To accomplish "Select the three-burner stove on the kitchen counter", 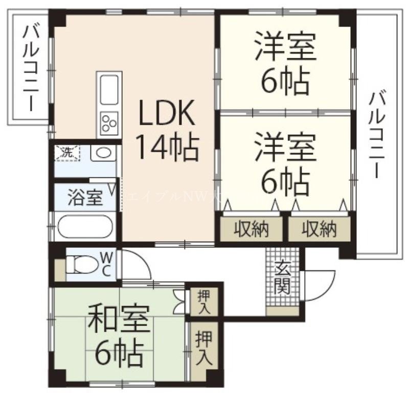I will [x=109, y=123].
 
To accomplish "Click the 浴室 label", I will [x=85, y=197].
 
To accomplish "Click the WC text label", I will [x=107, y=264].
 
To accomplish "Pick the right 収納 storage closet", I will [x=319, y=230].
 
